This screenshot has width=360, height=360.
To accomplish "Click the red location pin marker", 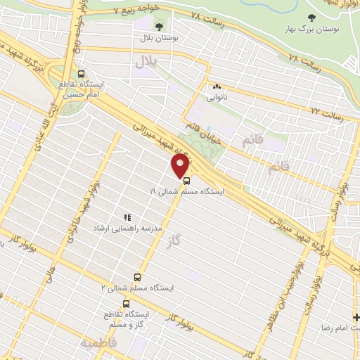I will (x=181, y=166).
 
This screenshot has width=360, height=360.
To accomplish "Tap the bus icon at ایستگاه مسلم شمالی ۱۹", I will (x=186, y=179).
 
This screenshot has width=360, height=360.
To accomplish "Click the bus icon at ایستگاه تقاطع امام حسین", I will (x=82, y=73).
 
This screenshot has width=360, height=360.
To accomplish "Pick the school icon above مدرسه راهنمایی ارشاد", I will (x=127, y=219).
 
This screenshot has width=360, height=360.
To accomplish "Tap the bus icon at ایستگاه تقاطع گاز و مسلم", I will (x=125, y=304).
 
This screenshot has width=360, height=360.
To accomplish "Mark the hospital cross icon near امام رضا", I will (x=356, y=317).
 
